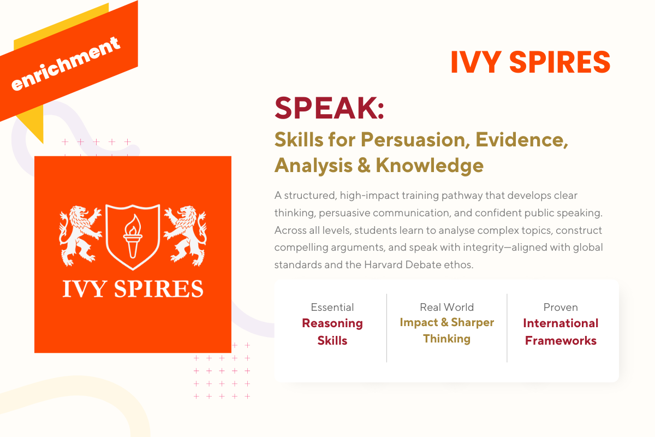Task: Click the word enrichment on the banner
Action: coord(65,64)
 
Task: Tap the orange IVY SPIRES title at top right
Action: coord(530,62)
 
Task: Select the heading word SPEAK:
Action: coord(329,108)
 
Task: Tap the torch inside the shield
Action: coord(132,235)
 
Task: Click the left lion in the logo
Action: coord(80,233)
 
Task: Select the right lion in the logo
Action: coord(185,233)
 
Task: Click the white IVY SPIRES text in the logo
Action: coord(133,288)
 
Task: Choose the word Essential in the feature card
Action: coord(332,307)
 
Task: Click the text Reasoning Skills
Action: coord(332,332)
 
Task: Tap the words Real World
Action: coord(446,307)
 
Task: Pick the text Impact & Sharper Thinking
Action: coord(446,330)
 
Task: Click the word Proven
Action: coord(561,307)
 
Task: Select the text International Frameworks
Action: coord(561,332)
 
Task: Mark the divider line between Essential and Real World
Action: coord(386,328)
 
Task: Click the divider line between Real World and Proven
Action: coord(507,328)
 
